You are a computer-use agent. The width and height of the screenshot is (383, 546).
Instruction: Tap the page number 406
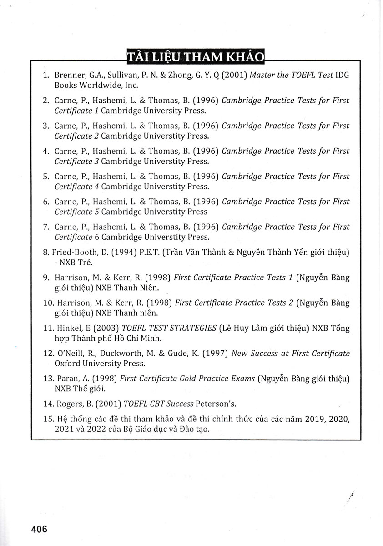pos(39,529)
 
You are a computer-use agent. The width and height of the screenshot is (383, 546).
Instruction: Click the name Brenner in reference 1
pos(70,75)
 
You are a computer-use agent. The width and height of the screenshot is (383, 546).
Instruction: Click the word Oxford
pos(67,363)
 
